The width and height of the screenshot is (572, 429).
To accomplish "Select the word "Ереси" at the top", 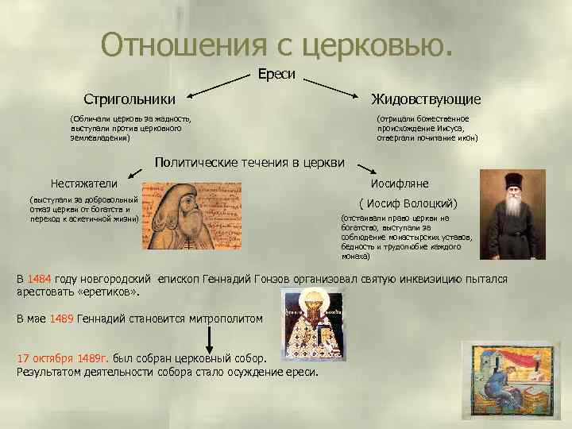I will [x=276, y=74].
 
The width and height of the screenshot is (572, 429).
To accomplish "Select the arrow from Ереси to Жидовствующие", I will [x=331, y=87].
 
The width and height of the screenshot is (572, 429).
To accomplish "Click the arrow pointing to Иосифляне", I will [x=366, y=170].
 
